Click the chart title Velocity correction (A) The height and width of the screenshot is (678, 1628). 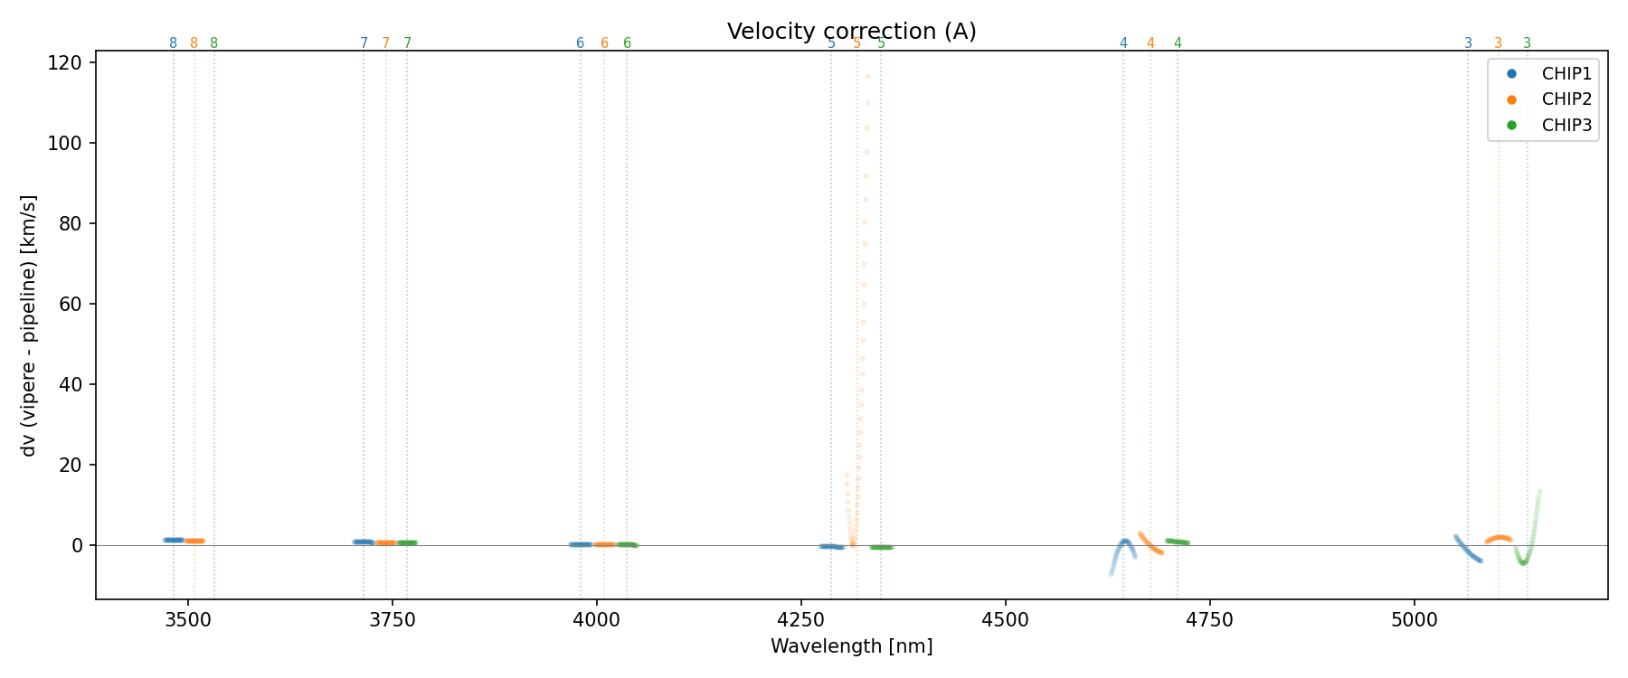pos(851,32)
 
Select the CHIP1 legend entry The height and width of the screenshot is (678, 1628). pos(1566,74)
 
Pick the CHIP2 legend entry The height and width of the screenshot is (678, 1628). pos(1566,99)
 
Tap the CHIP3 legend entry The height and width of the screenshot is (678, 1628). pos(1566,126)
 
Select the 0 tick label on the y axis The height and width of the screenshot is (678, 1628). pos(79,545)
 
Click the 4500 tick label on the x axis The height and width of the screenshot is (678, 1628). pos(1005,620)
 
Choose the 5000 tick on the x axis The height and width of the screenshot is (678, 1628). pos(1414,620)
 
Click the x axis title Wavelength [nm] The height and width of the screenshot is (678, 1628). pos(851,646)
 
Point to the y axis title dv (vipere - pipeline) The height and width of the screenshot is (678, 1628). pos(29,325)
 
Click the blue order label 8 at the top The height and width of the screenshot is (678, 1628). pos(174,43)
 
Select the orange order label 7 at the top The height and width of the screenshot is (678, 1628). pos(385,43)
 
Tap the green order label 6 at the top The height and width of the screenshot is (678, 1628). pos(627,43)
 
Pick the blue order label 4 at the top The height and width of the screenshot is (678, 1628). pos(1123,43)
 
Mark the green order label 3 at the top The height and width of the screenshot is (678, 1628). pos(1528,43)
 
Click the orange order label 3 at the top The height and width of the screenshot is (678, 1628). pos(1498,43)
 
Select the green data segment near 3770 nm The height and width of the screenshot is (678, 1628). pos(407,542)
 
